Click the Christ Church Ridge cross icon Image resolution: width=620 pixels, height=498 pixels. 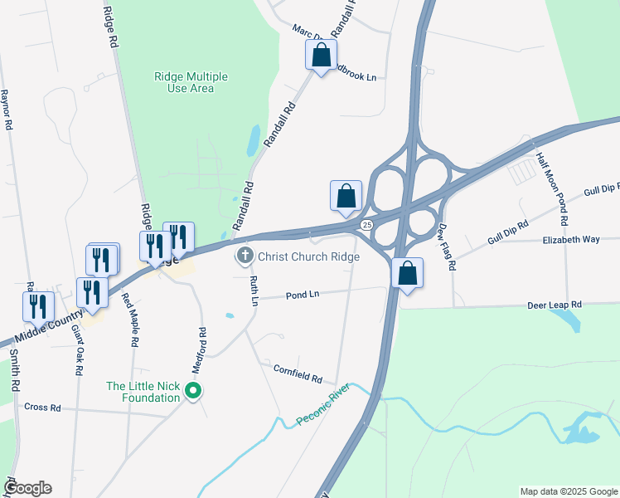[x=245, y=256]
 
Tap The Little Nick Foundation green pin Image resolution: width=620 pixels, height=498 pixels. [x=194, y=390]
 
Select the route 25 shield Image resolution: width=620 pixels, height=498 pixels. [x=366, y=225]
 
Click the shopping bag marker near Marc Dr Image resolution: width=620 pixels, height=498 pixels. [x=321, y=56]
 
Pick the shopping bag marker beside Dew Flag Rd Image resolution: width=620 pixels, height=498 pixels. [x=407, y=273]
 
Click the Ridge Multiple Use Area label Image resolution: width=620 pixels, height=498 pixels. [x=191, y=82]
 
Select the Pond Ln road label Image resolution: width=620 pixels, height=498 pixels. [x=303, y=295]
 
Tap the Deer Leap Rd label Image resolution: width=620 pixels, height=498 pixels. [x=555, y=305]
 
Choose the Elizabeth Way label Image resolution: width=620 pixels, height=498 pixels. [x=570, y=239]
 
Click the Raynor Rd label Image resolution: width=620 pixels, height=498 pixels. [x=7, y=109]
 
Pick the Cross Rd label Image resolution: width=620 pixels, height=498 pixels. [x=43, y=408]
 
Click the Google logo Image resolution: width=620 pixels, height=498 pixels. [x=27, y=488]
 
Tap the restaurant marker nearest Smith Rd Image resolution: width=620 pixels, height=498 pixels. [x=38, y=306]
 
